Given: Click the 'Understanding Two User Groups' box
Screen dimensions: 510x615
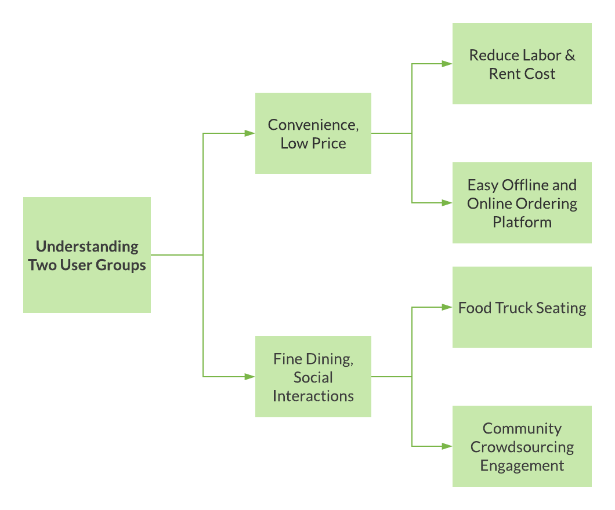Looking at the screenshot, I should (x=87, y=255).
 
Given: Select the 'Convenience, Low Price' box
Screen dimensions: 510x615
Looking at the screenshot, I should (x=313, y=133).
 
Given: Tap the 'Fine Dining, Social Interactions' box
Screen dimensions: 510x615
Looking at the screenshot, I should (x=313, y=377).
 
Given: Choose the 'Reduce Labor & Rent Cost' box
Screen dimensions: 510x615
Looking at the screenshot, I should (x=522, y=64).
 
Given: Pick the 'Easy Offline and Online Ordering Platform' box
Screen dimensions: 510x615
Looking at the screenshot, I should (x=522, y=203).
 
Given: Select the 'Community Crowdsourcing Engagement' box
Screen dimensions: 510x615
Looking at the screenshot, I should (x=522, y=446).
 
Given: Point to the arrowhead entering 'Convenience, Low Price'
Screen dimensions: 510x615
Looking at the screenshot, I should (x=250, y=133).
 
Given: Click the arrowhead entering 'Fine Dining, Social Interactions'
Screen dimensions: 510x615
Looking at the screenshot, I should (x=250, y=377).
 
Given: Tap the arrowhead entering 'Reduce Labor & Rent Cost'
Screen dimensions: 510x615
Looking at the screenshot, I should (x=447, y=64).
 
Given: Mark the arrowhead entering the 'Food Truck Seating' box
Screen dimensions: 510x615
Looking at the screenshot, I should (x=447, y=307).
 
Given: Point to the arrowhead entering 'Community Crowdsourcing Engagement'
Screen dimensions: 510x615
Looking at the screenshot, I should (x=447, y=446).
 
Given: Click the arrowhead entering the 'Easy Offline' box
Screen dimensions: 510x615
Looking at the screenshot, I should (x=447, y=203).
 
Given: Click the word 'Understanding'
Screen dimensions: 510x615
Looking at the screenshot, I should (x=87, y=247).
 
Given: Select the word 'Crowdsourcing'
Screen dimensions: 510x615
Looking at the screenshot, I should (x=522, y=447).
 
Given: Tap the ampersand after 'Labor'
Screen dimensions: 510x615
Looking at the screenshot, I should (x=570, y=56).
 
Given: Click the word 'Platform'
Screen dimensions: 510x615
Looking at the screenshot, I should (x=522, y=222).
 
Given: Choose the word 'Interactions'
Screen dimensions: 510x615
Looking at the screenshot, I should (x=313, y=396).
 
